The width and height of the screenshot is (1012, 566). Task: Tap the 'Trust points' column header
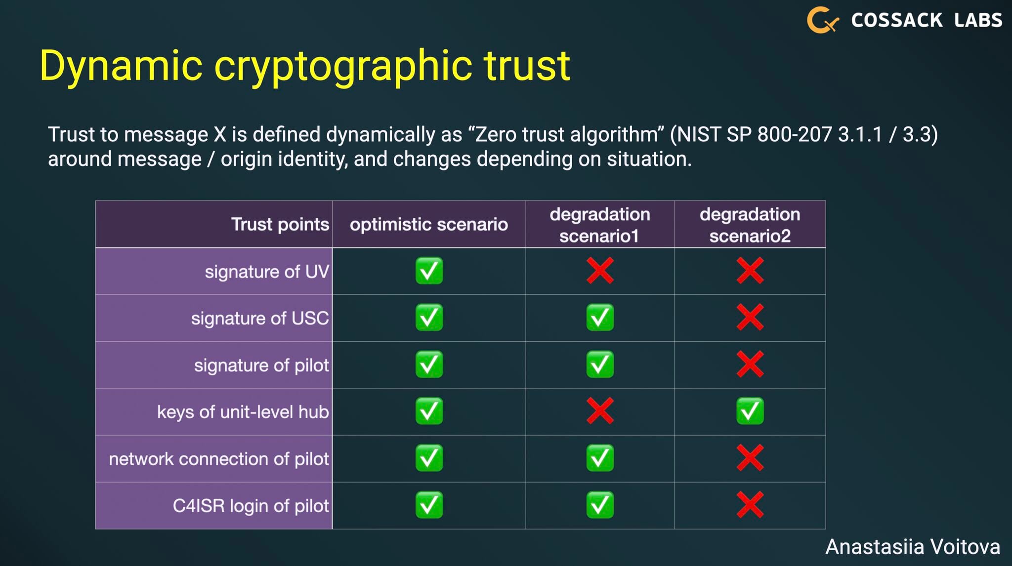click(280, 224)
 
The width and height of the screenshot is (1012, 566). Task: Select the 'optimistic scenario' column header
click(429, 224)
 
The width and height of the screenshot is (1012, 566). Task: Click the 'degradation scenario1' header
click(600, 225)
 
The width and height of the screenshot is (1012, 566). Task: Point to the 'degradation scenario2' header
click(750, 225)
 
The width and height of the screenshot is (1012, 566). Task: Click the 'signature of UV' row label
click(267, 272)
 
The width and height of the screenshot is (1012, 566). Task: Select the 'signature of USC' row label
click(260, 318)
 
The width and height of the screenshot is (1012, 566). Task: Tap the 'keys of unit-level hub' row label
click(243, 412)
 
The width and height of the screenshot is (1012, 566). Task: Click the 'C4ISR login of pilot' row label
click(251, 506)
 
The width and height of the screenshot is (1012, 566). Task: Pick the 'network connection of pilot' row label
click(219, 459)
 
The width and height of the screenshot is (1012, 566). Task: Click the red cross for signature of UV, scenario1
click(600, 271)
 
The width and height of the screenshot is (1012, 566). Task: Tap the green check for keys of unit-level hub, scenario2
click(750, 411)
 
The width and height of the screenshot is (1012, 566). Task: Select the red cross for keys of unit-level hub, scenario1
click(600, 411)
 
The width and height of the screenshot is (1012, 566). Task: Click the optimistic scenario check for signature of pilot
click(429, 364)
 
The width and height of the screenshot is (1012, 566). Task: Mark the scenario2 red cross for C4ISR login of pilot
click(750, 505)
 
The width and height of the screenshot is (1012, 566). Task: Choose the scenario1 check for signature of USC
click(600, 318)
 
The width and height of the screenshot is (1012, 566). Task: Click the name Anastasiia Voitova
click(913, 547)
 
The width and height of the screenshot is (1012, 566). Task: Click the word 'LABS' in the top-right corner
click(978, 20)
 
